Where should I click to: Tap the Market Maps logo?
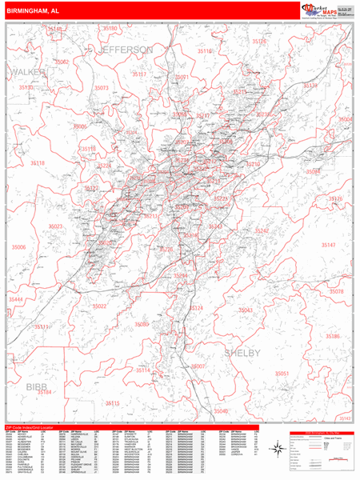point(322,10)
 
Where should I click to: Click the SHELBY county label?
point(240,353)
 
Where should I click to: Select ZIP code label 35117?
point(139,74)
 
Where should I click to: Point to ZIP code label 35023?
point(55,226)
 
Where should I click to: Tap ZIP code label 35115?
point(111,403)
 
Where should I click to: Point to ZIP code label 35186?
point(332,336)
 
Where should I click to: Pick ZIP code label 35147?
point(328,246)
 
